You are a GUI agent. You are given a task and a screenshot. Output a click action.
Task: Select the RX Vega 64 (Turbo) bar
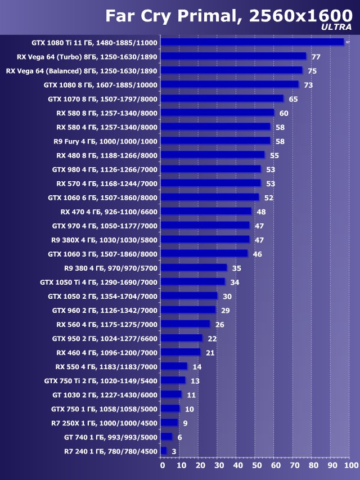tap(233, 56)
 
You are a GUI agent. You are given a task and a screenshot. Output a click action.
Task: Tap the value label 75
tap(312, 71)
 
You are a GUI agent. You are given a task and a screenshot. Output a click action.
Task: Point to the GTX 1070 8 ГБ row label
tap(103, 99)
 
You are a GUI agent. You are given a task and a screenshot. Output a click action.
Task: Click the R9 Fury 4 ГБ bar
tap(215, 141)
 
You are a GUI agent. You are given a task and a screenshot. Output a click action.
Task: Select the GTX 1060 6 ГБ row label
tap(103, 198)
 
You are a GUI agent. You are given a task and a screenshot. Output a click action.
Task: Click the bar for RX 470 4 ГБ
tap(206, 212)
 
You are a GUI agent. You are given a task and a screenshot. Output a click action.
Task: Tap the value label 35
tap(237, 268)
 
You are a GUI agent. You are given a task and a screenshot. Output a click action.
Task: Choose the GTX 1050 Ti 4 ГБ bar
tap(193, 282)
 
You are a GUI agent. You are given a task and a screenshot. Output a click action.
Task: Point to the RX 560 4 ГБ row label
tap(107, 324)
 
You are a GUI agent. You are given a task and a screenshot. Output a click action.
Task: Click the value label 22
tap(212, 338)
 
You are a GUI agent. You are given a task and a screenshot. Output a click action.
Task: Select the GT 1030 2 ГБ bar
tap(171, 394)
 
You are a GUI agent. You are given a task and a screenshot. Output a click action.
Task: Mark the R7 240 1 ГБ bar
tap(164, 451)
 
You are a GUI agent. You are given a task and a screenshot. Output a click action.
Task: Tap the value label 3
tap(174, 451)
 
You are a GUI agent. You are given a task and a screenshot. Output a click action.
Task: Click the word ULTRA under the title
tap(336, 26)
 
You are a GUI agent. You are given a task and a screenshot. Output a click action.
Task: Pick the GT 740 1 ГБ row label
tap(111, 437)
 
